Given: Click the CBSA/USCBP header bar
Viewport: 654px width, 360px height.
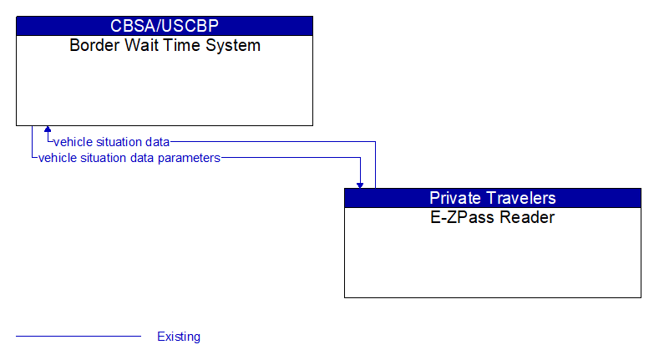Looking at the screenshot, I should [x=165, y=26].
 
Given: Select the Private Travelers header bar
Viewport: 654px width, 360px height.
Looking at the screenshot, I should [x=492, y=198].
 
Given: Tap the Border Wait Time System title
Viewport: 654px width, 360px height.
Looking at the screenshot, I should [x=165, y=45].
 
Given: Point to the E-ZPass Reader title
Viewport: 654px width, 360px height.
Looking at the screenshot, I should [x=492, y=218].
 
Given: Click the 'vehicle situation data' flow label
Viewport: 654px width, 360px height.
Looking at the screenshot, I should [x=111, y=141].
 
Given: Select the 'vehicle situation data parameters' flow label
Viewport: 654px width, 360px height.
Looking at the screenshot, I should [x=129, y=157].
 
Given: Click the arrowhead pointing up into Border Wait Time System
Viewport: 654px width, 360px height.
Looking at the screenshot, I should [x=48, y=129].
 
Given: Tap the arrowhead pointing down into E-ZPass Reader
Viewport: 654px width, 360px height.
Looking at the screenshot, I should [x=360, y=184].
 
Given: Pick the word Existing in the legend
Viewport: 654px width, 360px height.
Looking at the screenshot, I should [x=179, y=337].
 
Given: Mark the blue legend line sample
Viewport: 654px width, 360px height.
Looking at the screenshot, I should [x=79, y=337].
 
